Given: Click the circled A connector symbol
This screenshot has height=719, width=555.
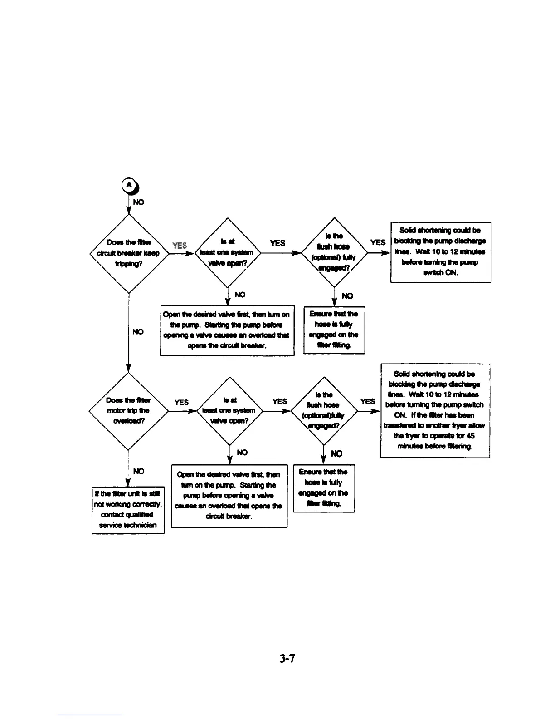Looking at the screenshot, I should [x=129, y=185].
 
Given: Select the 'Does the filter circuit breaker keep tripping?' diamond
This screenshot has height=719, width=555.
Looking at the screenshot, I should [x=129, y=253].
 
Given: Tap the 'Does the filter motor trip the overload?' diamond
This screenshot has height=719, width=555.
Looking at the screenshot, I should [x=128, y=411].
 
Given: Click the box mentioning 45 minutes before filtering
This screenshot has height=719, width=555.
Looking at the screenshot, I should [x=435, y=410].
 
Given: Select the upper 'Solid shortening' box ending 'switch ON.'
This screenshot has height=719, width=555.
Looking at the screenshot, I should [x=440, y=252].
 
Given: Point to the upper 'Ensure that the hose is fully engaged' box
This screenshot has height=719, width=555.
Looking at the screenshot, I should [x=334, y=330].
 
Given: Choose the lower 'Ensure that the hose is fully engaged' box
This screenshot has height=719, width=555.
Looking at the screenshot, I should [x=324, y=488].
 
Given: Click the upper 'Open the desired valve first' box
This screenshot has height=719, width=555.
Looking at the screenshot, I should [x=227, y=330].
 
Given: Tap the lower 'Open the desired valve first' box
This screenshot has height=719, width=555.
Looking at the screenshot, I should [x=229, y=495].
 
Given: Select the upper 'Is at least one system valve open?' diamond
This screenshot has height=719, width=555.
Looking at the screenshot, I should [x=227, y=253].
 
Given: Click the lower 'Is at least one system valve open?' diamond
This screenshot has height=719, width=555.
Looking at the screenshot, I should [x=229, y=410].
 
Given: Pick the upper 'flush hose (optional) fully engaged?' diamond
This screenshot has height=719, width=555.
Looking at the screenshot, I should [x=334, y=252].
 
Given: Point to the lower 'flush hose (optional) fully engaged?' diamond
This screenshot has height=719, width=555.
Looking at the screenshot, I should [x=324, y=410].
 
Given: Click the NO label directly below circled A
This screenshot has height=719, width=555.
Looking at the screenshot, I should [x=139, y=202].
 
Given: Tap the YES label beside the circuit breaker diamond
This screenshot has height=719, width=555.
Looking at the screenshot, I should [x=180, y=246].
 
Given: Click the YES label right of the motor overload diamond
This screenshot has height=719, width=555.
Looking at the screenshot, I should [x=181, y=402].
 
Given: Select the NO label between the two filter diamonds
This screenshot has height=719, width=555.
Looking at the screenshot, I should [x=138, y=332].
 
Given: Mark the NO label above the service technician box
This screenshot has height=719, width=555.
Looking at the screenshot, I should [x=139, y=471].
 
